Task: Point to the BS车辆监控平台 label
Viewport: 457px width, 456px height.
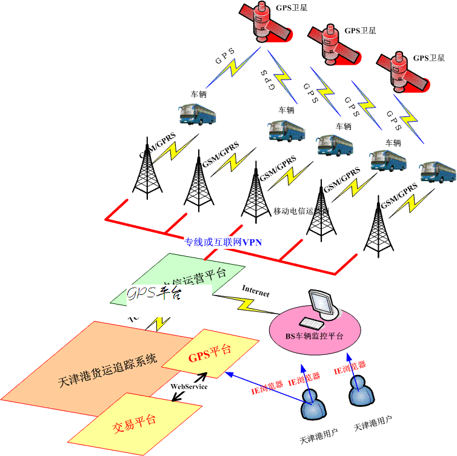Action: point(314,335)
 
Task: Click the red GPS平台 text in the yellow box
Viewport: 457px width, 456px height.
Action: point(209,351)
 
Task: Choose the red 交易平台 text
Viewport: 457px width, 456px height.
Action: point(135,421)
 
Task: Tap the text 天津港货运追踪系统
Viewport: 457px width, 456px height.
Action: point(107,366)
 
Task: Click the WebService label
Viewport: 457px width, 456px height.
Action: point(188,386)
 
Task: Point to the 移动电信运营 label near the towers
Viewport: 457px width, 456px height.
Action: point(298,211)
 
